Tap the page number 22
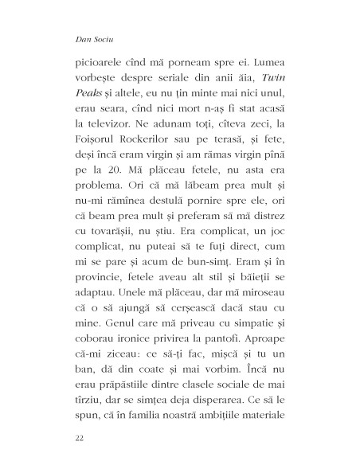pos(78,437)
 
